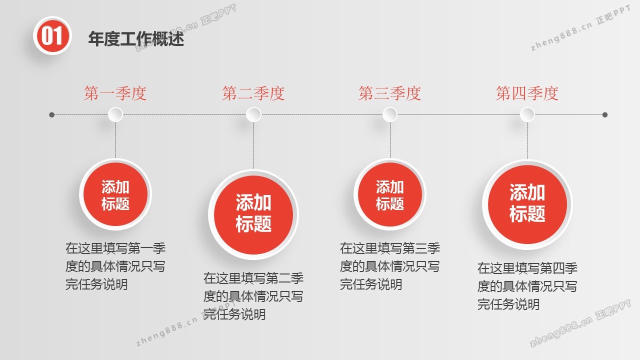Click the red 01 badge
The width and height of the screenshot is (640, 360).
coord(52,36)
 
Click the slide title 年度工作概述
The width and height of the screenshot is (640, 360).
coord(136,39)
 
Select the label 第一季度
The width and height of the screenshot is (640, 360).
coord(115,93)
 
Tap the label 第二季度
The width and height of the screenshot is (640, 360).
coord(253,93)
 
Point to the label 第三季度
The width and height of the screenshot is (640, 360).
coord(389,93)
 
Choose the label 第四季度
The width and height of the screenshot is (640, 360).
coord(527,93)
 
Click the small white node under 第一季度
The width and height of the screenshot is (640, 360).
coord(115,115)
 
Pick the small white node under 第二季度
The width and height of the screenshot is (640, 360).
coord(253,115)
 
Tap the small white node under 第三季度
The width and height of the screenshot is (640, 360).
coord(390,115)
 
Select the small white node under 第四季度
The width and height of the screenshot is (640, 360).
coord(527,115)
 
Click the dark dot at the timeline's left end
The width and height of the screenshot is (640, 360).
coord(51,115)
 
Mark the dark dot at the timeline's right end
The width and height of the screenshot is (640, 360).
coord(605,115)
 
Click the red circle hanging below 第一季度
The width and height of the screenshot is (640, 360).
coord(115,194)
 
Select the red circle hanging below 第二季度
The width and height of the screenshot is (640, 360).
coord(253,214)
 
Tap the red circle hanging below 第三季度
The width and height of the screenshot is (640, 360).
coord(390,194)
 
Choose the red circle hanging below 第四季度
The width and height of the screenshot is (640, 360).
coord(527,204)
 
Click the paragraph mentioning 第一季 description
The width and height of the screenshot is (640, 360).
coord(115,266)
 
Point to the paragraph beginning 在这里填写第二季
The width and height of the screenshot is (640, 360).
coord(253,296)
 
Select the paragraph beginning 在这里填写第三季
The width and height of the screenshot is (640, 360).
coord(390,266)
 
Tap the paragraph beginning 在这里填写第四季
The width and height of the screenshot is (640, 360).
coord(527,286)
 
